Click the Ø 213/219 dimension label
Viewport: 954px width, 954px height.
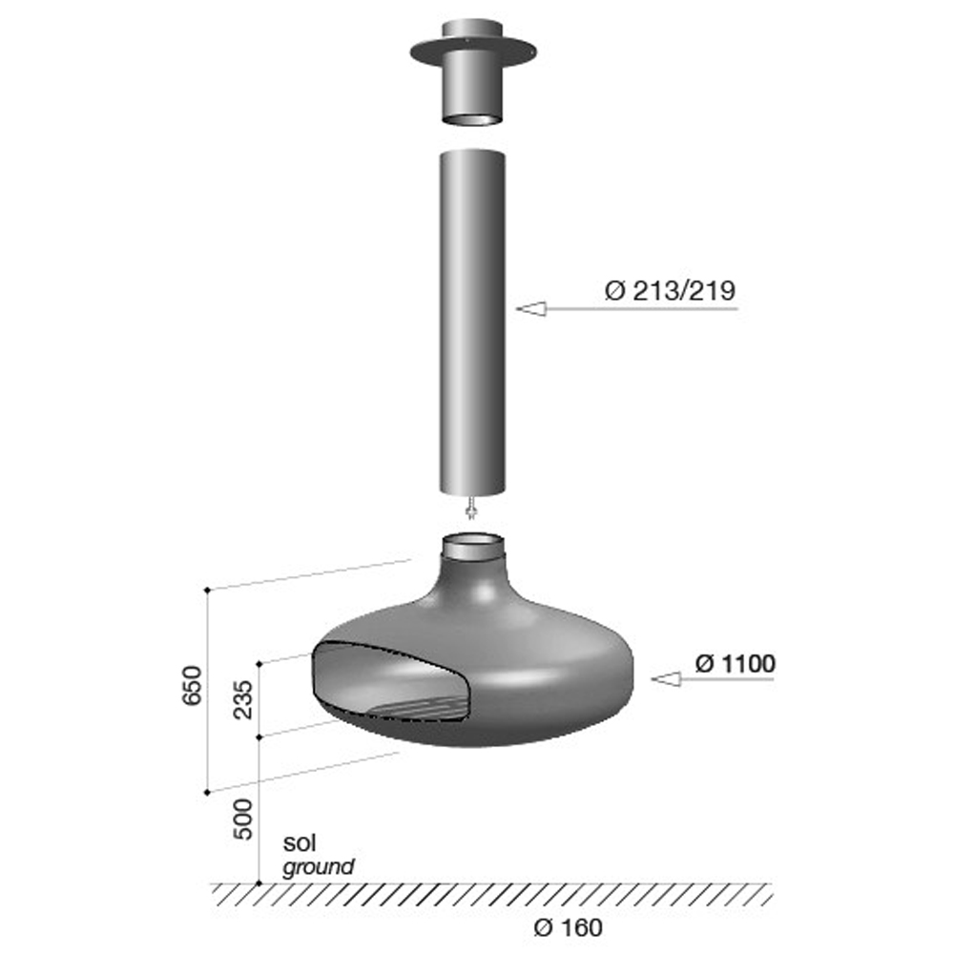pyautogui.click(x=670, y=290)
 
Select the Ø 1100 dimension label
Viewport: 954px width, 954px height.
pyautogui.click(x=735, y=663)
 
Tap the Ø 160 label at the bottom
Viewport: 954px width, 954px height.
pyautogui.click(x=569, y=928)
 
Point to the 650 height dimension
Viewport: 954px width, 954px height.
pyautogui.click(x=193, y=686)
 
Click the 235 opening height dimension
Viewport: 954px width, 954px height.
pyautogui.click(x=243, y=699)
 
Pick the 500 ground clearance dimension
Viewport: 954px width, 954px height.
pyautogui.click(x=243, y=819)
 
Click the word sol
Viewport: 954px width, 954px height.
pyautogui.click(x=300, y=842)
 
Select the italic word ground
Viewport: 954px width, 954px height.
pyautogui.click(x=319, y=866)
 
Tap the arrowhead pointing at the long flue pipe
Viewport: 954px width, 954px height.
pyautogui.click(x=531, y=309)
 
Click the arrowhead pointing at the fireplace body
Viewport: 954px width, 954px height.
pyautogui.click(x=666, y=679)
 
